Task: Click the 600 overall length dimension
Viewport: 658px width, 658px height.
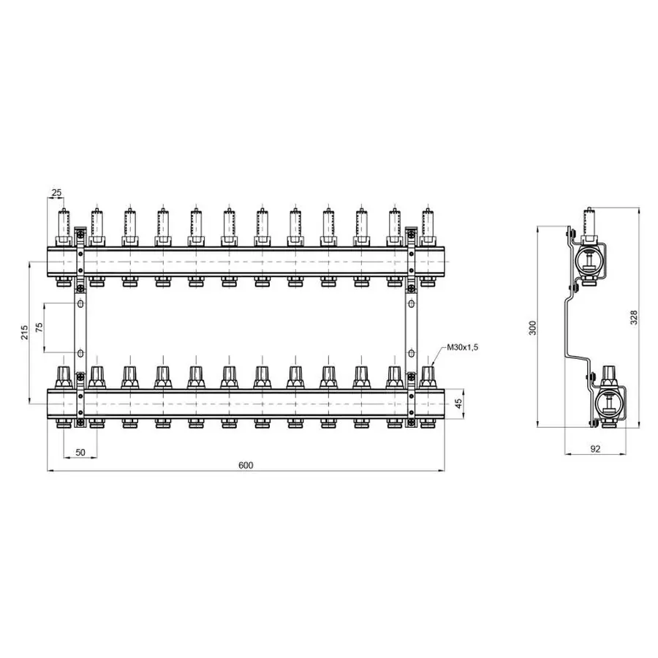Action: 246,465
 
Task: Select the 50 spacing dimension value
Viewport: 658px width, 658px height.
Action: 80,452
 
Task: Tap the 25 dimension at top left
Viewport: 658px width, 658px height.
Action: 56,192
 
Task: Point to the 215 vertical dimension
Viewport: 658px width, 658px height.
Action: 24,333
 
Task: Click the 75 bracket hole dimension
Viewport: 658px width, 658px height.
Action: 39,328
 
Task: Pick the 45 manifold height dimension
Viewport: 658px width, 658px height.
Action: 458,404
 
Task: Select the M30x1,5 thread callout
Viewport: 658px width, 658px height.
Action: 463,347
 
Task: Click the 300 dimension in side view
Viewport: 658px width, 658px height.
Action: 532,328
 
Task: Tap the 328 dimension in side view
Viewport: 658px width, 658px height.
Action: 634,317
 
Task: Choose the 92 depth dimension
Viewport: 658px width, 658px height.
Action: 595,449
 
